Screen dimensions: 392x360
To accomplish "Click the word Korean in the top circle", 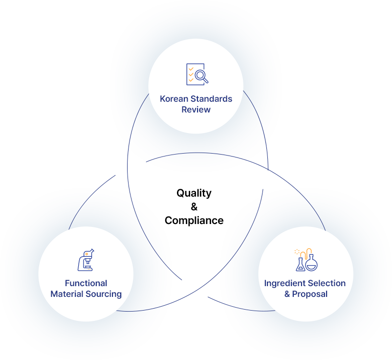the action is coord(174,99).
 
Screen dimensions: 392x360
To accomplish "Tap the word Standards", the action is coord(211,99).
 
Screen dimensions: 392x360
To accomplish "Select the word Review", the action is coord(196,110).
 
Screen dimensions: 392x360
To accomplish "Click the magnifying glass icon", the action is coord(201,76).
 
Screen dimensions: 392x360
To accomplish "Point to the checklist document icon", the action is coord(195,74).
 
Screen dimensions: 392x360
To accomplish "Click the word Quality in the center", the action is coord(194,193).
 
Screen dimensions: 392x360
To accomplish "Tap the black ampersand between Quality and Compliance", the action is coord(194,207).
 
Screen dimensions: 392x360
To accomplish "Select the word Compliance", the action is coord(194,221).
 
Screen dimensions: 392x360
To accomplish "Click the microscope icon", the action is coord(86,260).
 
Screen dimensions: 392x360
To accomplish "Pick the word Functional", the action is coord(86,283).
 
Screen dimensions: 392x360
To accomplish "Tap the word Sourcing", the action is coord(104,294).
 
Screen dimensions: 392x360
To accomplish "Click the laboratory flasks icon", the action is coord(306,260).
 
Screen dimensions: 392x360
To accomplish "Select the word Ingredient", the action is coord(284,283).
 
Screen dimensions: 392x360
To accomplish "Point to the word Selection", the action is coord(326,283).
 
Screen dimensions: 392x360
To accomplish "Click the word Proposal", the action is coord(310,294).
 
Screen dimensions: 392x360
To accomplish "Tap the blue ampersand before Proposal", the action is coord(287,294).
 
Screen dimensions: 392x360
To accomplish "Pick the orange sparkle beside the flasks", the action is coord(297,252).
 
